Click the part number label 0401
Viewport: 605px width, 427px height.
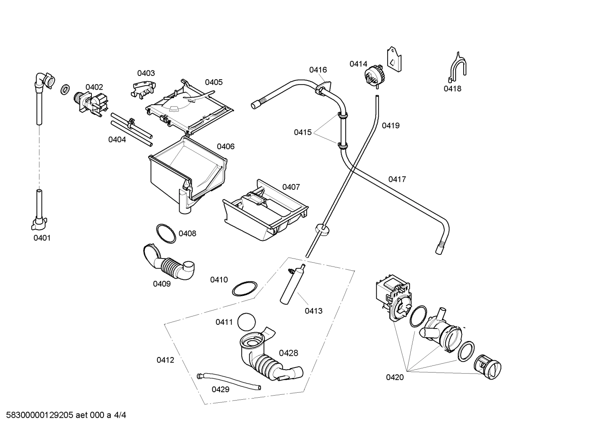(x=42, y=238)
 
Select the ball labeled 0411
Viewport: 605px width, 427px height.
(x=246, y=322)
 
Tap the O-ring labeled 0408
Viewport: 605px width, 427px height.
(x=166, y=233)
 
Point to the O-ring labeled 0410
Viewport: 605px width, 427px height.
(x=244, y=290)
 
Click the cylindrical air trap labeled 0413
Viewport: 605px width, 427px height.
(x=291, y=285)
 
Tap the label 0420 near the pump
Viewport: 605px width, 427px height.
(x=394, y=378)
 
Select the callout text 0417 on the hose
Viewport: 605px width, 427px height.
(x=397, y=179)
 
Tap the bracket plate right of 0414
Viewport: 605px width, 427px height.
(x=394, y=59)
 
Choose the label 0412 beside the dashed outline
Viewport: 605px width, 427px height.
(x=165, y=360)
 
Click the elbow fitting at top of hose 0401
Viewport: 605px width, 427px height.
(x=44, y=80)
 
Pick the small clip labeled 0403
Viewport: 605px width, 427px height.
(x=143, y=88)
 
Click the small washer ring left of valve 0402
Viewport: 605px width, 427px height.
(x=65, y=89)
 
